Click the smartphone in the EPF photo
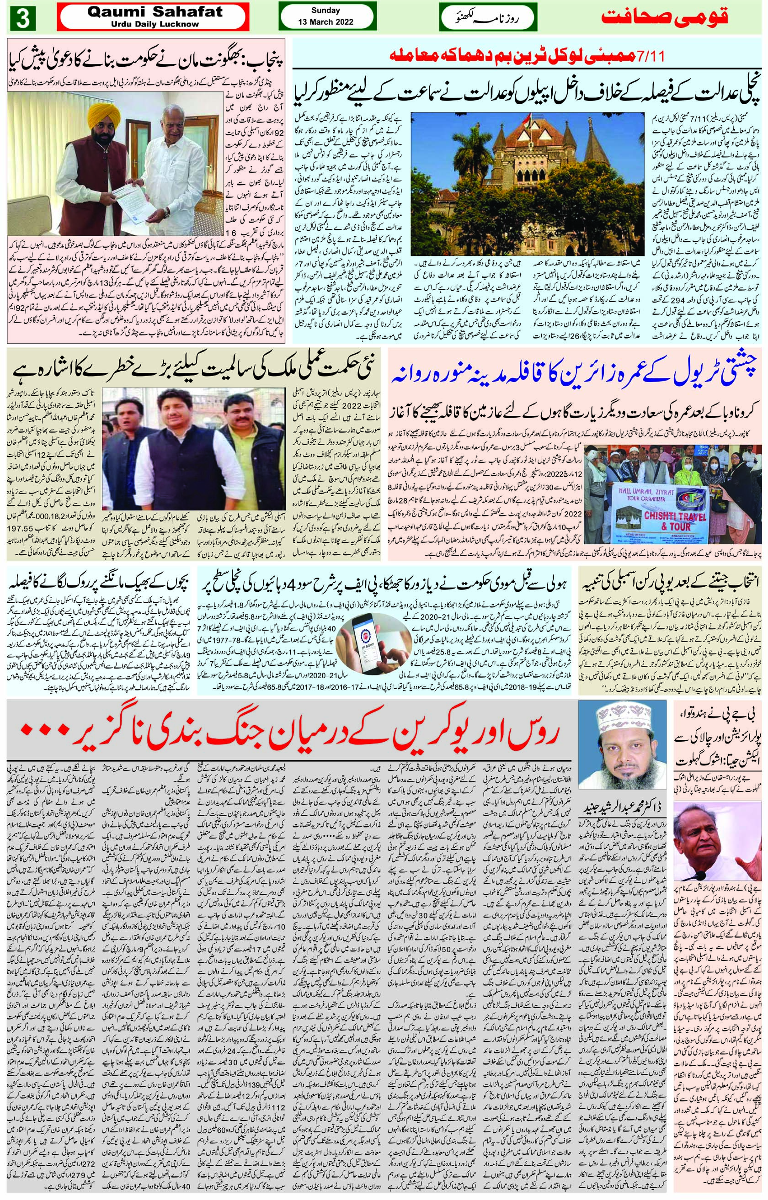pos(369,640)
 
